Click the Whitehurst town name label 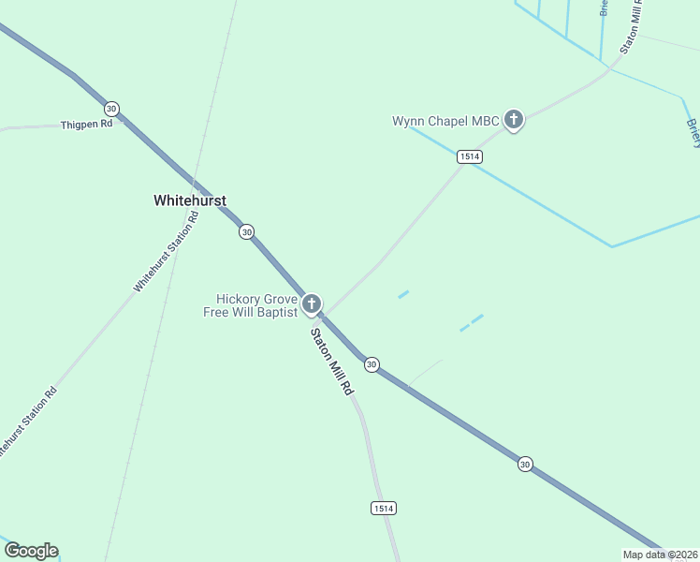point(190,200)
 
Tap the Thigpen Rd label point(86,124)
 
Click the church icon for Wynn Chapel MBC point(513,120)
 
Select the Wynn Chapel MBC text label point(445,121)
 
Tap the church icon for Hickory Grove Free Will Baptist point(312,304)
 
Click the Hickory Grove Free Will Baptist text point(251,305)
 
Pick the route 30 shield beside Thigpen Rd point(111,108)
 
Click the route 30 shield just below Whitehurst point(245,231)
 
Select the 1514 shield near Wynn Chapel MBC point(470,156)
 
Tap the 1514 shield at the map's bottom point(384,508)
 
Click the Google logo point(31,551)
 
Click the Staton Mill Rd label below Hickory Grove point(332,361)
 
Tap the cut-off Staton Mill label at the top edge point(630,26)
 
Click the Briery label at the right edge point(693,131)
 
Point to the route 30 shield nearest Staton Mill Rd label point(372,364)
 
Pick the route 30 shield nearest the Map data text point(525,464)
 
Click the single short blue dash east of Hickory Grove point(403,294)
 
